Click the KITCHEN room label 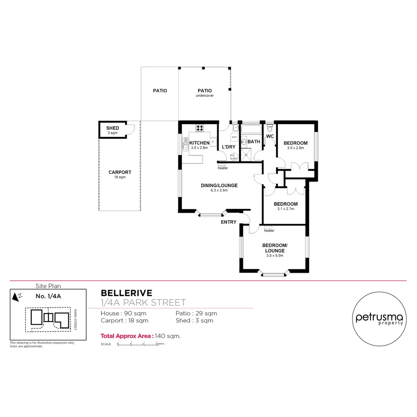pyautogui.click(x=199, y=143)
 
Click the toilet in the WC pyautogui.click(x=270, y=127)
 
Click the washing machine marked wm pyautogui.click(x=234, y=137)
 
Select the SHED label pyautogui.click(x=112, y=128)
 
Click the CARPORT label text pyautogui.click(x=120, y=173)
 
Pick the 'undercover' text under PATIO pyautogui.click(x=205, y=96)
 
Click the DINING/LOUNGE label pyautogui.click(x=219, y=185)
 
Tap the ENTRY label pyautogui.click(x=229, y=222)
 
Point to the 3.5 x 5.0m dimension pyautogui.click(x=274, y=255)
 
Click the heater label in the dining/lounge pyautogui.click(x=223, y=168)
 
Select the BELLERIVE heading pyautogui.click(x=126, y=293)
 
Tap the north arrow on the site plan pyautogui.click(x=16, y=297)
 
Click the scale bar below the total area pyautogui.click(x=137, y=344)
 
